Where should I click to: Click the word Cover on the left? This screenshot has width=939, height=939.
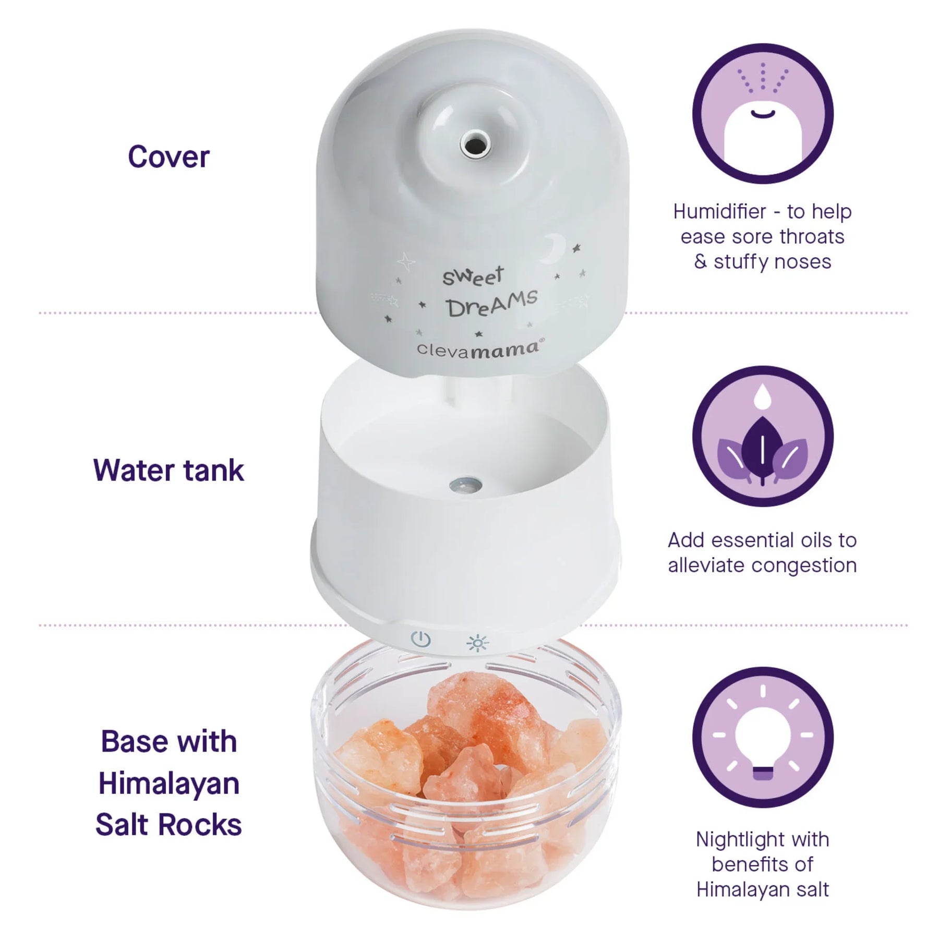[168, 157]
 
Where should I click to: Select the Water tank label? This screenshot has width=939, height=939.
[168, 470]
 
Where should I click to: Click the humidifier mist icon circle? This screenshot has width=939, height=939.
[763, 114]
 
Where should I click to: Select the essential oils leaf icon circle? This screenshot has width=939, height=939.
[763, 436]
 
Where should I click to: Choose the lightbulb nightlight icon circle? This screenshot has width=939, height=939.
[763, 737]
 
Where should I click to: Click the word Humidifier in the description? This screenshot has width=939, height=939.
[719, 211]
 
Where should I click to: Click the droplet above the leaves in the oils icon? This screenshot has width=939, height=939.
[763, 395]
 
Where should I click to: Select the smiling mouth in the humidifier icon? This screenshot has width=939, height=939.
[763, 113]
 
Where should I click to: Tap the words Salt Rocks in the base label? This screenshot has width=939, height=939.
[168, 825]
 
